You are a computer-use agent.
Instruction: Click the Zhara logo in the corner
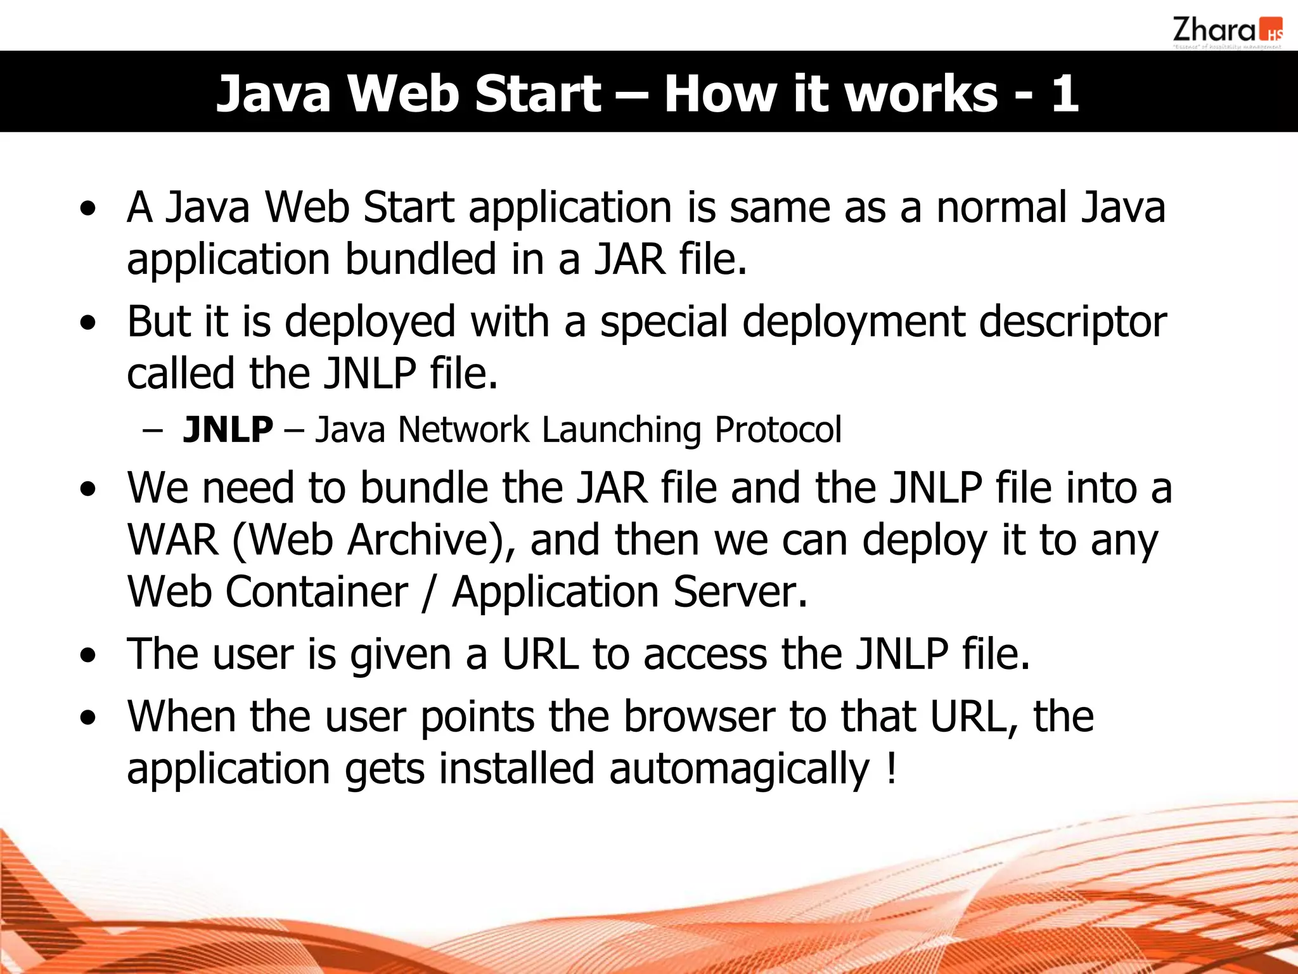point(1226,32)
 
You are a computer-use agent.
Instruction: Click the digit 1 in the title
point(1065,94)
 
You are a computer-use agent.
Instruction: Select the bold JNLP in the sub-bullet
point(228,430)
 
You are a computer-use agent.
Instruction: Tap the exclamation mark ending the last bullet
point(891,769)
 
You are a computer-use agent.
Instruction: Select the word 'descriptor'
point(1072,322)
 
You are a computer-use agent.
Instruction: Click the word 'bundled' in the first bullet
point(420,260)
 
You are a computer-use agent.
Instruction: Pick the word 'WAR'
point(172,540)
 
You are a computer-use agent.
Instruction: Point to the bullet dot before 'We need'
point(89,490)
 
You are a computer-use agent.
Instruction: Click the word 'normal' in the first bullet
point(1001,208)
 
